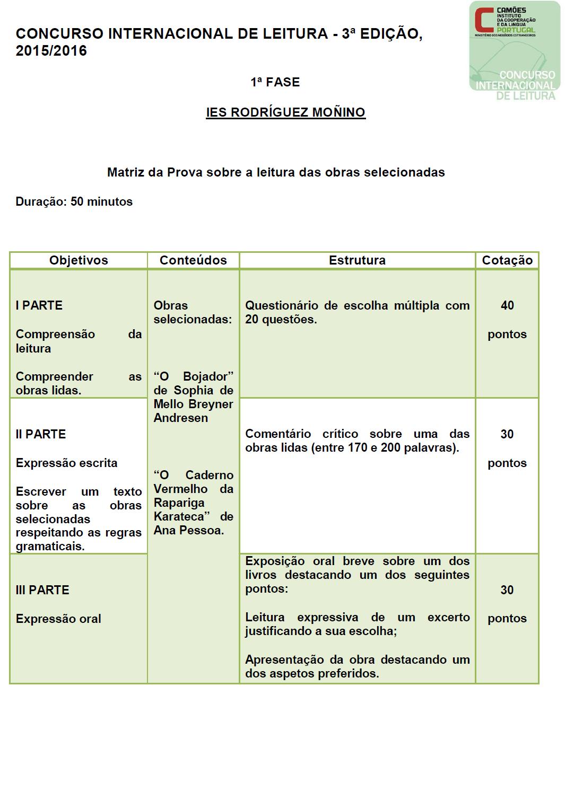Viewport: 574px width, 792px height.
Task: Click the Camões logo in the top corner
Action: coord(514,50)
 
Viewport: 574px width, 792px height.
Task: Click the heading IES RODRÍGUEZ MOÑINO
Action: coord(285,112)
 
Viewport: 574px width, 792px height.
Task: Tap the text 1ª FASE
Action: coord(275,82)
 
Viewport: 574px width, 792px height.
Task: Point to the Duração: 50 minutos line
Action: coord(74,202)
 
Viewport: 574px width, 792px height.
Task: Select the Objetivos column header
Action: coord(79,260)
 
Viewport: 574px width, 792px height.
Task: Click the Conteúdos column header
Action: coord(193,260)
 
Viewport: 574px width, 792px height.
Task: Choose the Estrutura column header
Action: coord(357,260)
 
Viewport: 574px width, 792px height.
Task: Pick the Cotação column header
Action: coord(507,260)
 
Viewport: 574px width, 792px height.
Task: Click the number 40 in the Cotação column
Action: coord(507,305)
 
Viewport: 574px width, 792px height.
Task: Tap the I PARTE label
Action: coord(39,305)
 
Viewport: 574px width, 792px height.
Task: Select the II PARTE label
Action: coord(41,434)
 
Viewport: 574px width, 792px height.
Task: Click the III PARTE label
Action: coord(42,590)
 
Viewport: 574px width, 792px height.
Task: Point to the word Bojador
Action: coord(208,376)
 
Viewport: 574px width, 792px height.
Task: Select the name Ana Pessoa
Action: coord(188,530)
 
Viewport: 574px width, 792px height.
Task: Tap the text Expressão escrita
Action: coord(66,463)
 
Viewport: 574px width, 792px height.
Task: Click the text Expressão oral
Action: coord(58,619)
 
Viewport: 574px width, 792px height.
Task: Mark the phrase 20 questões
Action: coord(281,320)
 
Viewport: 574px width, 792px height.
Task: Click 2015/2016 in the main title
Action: coord(51,51)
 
